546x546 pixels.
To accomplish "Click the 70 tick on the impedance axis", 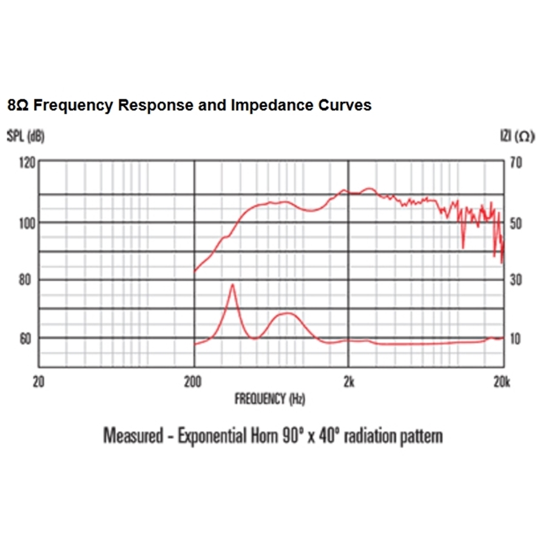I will pyautogui.click(x=515, y=163).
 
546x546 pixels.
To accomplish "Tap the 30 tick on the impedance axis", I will pyautogui.click(x=515, y=280).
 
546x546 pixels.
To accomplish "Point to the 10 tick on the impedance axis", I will pyautogui.click(x=515, y=339).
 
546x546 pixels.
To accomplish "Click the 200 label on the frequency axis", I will pyautogui.click(x=193, y=383).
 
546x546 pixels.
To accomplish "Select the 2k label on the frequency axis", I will pyautogui.click(x=348, y=383).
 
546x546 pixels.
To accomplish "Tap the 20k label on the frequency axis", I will pyautogui.click(x=500, y=383).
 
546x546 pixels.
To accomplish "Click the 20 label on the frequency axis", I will pyautogui.click(x=38, y=383).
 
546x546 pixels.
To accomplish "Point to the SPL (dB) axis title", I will pyautogui.click(x=25, y=136).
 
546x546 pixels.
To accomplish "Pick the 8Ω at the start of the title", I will pyautogui.click(x=18, y=105).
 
